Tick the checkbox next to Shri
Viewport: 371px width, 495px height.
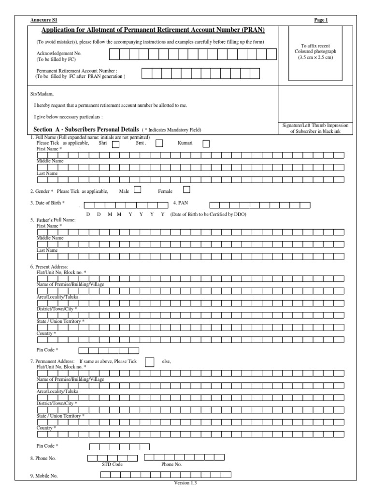[116, 144]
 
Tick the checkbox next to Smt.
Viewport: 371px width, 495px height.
[159, 143]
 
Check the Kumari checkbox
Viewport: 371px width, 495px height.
[206, 144]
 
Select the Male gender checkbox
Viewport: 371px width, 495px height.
[137, 190]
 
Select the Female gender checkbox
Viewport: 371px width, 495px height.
[187, 189]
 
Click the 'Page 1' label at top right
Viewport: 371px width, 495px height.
[321, 20]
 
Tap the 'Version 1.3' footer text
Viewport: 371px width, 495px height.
[185, 483]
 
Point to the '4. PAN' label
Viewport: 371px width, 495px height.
[180, 204]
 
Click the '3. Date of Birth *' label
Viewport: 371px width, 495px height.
[47, 203]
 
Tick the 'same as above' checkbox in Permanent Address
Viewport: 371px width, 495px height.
[150, 362]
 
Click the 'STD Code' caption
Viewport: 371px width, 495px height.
[112, 464]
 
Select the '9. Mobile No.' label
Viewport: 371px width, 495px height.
[44, 476]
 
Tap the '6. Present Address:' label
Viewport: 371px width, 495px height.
[49, 267]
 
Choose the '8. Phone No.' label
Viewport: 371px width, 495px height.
[43, 458]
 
